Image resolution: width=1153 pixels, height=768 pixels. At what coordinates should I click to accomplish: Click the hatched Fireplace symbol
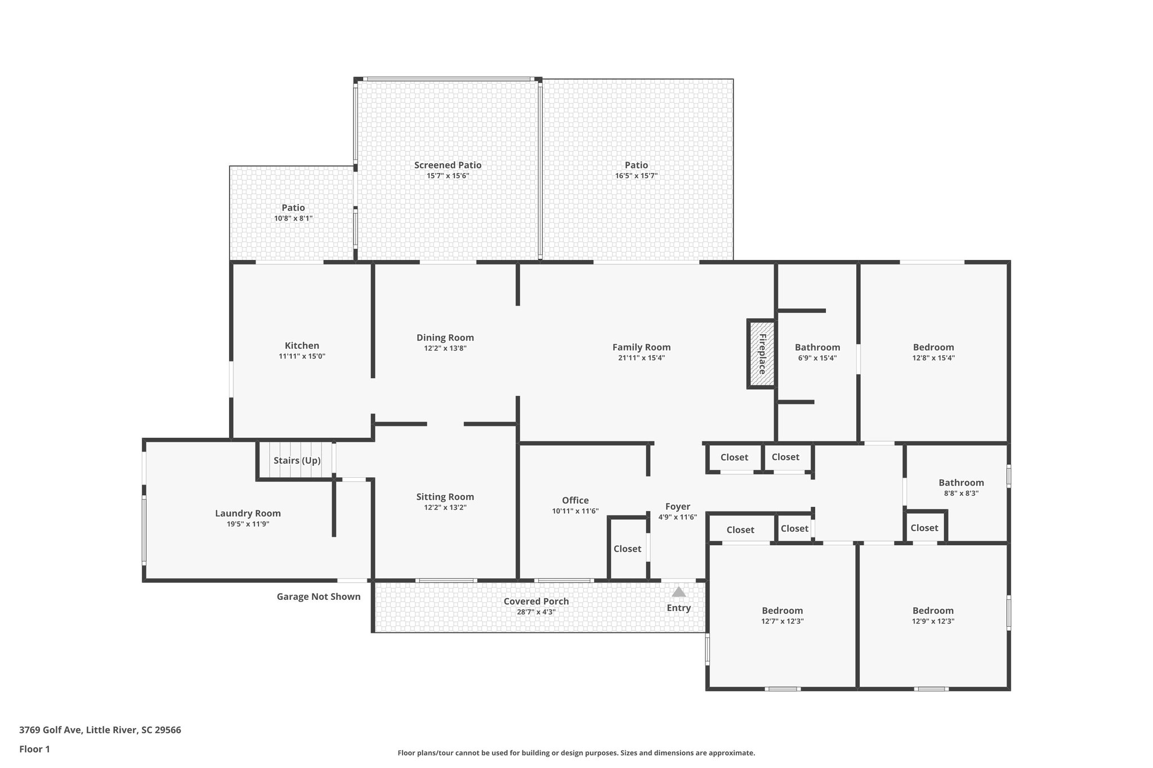pos(762,354)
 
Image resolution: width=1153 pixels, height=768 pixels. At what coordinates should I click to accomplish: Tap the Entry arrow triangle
pos(679,592)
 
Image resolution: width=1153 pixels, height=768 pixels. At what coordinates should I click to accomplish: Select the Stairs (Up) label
pos(297,460)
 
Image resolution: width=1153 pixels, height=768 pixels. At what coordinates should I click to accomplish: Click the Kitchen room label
pos(302,345)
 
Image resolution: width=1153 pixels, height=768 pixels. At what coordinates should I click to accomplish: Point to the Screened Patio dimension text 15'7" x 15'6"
pos(448,176)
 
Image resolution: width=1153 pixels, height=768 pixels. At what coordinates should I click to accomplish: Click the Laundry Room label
pos(248,513)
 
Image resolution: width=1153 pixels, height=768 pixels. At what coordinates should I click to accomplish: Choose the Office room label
pos(575,500)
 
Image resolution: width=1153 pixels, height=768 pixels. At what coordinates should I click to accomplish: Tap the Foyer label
pos(677,506)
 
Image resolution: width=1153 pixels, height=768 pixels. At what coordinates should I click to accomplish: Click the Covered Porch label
pos(536,601)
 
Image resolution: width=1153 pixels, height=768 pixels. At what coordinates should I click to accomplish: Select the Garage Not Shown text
pos(319,596)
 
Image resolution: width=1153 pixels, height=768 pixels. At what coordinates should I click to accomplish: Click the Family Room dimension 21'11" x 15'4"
pos(641,358)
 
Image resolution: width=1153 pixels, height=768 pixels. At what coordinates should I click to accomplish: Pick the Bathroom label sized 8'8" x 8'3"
pos(961,482)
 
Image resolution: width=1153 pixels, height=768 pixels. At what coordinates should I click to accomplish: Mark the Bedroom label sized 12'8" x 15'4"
pos(933,347)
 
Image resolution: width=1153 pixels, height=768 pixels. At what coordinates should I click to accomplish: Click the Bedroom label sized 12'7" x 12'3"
pos(782,610)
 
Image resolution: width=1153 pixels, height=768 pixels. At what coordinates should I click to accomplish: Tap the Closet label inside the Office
pos(627,549)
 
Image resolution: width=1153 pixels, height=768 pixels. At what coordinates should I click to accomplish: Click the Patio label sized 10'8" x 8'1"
pos(293,208)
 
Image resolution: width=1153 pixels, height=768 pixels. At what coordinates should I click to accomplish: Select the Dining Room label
pos(445,338)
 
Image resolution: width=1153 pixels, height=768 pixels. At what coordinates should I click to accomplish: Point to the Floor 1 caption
pos(34,749)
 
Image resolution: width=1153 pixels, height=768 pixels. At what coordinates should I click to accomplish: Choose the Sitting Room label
pos(445,497)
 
